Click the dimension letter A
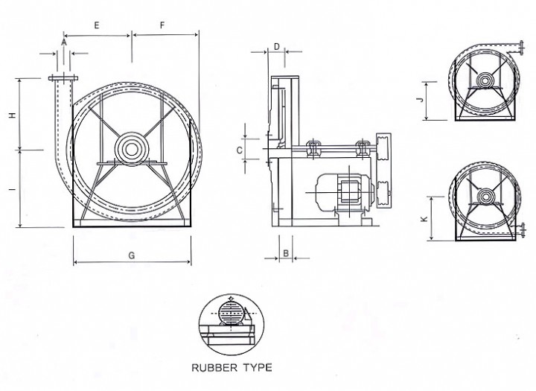coord(64,43)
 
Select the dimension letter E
coord(97,25)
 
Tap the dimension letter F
coord(162,25)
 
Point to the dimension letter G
coord(131,255)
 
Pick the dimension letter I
coord(12,190)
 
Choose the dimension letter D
coord(276,46)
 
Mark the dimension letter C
coord(239,150)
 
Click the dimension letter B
coord(285,253)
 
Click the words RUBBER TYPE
coord(232,367)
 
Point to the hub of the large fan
coord(131,148)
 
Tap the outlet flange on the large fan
coord(62,78)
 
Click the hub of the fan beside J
coord(485,80)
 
